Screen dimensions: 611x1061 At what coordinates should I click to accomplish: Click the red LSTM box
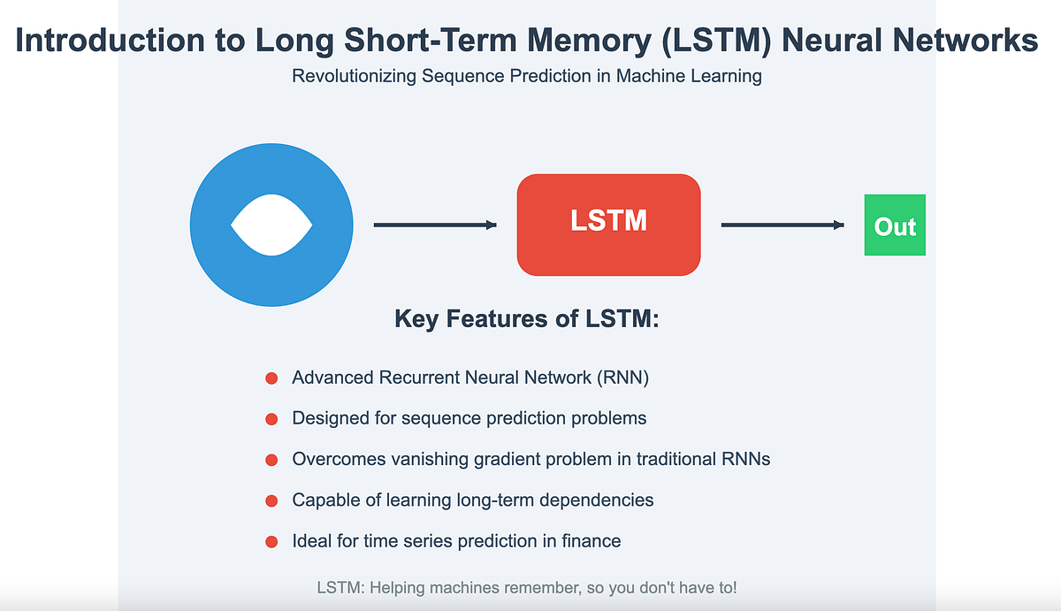coord(608,225)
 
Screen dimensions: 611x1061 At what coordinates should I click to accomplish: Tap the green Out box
coord(895,225)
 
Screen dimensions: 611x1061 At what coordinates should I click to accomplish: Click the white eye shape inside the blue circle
coord(271,225)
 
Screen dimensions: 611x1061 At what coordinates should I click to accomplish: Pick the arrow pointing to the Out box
coord(782,225)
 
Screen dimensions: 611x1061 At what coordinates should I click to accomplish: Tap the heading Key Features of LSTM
coord(527,319)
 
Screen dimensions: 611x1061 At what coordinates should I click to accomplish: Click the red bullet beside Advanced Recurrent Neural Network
coord(272,378)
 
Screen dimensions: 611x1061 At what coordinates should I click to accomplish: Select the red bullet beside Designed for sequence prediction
coord(272,419)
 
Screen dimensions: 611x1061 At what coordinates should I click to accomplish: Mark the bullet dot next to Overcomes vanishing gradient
coord(272,460)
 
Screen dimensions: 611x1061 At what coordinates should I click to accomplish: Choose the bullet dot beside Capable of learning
coord(272,500)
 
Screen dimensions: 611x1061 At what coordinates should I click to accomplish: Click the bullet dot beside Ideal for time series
coord(272,541)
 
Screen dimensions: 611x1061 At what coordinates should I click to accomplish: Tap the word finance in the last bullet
coord(592,540)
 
